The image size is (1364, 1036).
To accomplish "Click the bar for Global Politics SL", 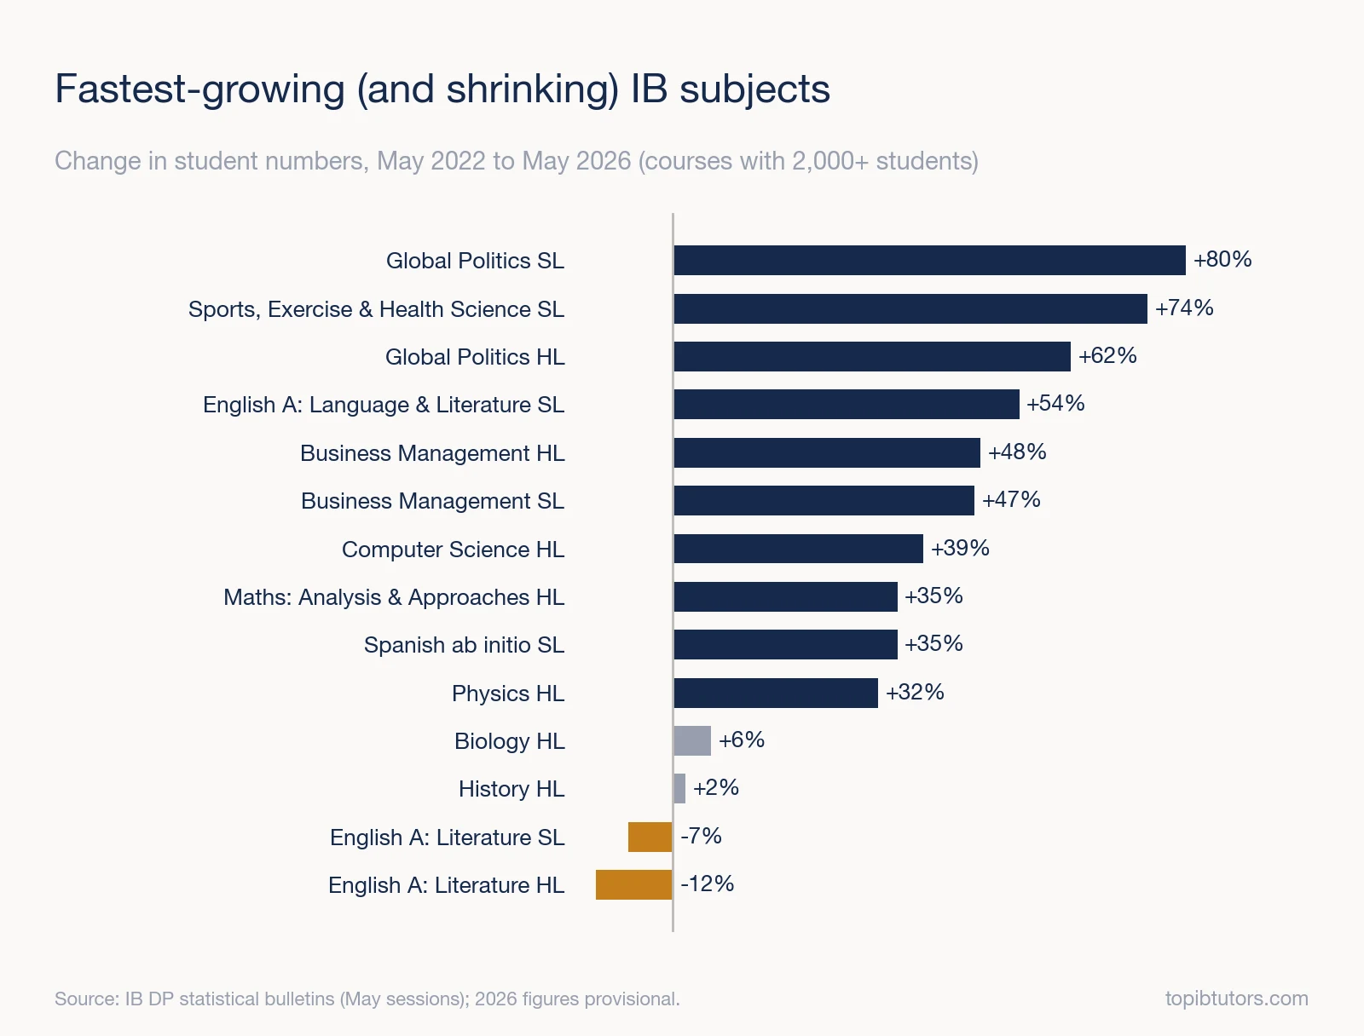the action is [x=929, y=260].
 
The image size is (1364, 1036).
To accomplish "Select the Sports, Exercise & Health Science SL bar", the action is [x=910, y=308].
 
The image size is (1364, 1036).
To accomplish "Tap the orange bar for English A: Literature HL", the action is [x=634, y=884].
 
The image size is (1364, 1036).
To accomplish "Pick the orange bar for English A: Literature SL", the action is [x=650, y=837].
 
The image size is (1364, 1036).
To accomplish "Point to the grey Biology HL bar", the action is [x=692, y=740].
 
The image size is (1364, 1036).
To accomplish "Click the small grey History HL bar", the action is [x=679, y=788].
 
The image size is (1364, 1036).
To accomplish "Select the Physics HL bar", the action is [x=776, y=693].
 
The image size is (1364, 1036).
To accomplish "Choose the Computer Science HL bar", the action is [x=799, y=549].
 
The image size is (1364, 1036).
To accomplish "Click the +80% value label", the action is [x=1222, y=260].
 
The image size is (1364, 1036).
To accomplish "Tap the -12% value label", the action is [x=708, y=883].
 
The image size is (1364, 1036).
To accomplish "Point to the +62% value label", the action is [x=1107, y=355].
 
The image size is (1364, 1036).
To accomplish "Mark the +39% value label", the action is [x=960, y=548].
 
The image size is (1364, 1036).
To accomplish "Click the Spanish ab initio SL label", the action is [x=465, y=645].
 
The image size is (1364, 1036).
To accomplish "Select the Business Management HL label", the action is [x=432, y=453].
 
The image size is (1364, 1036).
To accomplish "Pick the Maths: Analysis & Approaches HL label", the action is [x=394, y=597].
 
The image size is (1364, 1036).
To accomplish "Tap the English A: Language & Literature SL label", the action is [x=384, y=406].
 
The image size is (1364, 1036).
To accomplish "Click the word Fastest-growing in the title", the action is [x=200, y=90].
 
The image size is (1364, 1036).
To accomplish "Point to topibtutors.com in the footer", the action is [x=1237, y=999].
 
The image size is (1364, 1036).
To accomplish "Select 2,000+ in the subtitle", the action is [x=830, y=161].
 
